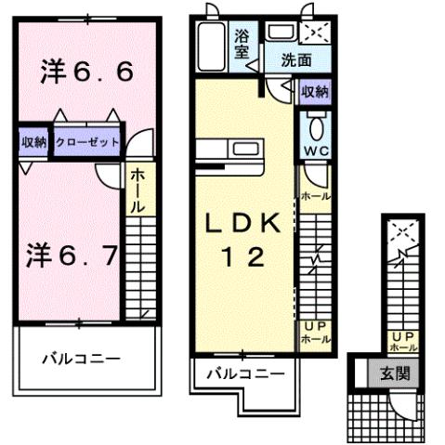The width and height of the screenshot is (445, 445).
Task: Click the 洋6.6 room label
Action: [87, 72]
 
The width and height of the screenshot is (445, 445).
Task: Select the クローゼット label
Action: [86, 142]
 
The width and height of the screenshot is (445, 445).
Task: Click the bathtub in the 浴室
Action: [211, 46]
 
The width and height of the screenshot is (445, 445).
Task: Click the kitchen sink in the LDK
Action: [247, 149]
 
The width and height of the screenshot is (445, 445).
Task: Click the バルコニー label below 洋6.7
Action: [82, 357]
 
